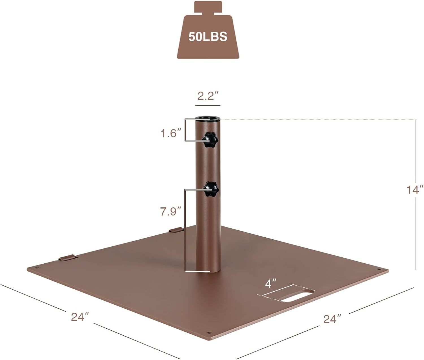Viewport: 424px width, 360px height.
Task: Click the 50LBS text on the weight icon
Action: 208,37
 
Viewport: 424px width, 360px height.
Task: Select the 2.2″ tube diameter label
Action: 208,96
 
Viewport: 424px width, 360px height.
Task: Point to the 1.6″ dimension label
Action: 171,133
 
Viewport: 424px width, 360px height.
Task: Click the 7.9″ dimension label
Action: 170,211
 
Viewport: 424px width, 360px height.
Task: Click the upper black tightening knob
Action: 209,140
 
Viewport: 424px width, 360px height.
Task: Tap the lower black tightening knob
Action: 211,189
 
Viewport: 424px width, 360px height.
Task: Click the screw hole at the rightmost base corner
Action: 379,269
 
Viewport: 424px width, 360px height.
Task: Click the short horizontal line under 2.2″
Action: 208,106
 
